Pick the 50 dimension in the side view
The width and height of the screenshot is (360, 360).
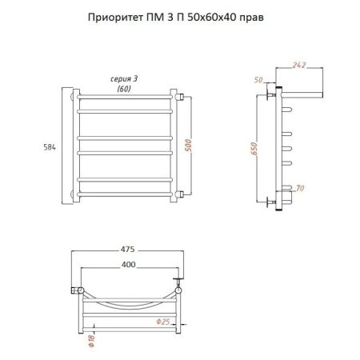pyautogui.click(x=258, y=80)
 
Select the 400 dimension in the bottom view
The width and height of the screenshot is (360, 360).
pyautogui.click(x=128, y=263)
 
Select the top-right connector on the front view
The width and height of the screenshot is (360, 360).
pyautogui.click(x=182, y=97)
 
